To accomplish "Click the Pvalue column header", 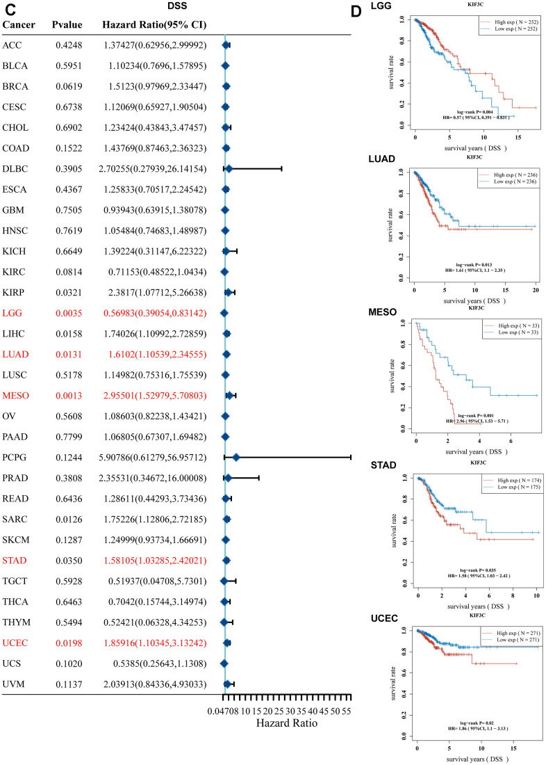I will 67,25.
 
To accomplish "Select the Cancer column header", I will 19,25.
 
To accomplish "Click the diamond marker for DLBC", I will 229,168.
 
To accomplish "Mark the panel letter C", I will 8,8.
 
